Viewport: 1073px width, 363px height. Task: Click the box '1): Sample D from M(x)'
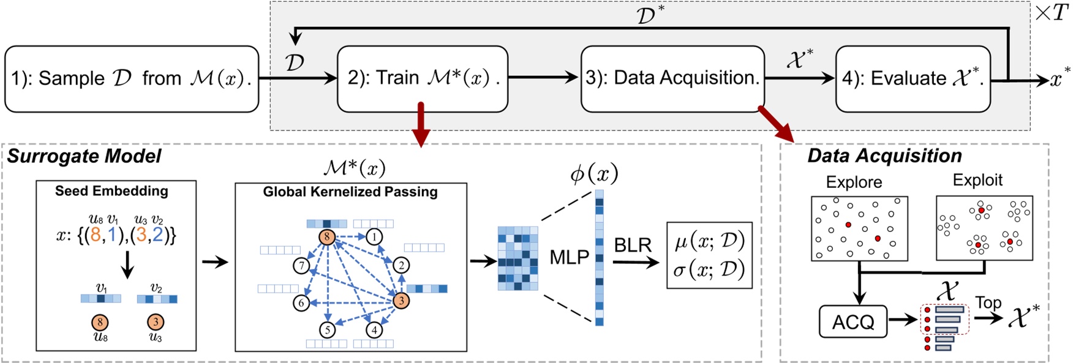tap(132, 79)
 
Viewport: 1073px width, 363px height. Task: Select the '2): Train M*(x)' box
tap(423, 79)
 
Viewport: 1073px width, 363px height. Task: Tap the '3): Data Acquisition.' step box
tap(672, 79)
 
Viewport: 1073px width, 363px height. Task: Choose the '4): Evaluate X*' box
tap(913, 79)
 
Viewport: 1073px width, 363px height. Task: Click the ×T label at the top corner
tap(1052, 12)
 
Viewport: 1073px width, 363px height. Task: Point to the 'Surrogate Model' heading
tap(84, 157)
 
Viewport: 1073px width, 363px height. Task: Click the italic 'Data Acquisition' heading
tap(884, 156)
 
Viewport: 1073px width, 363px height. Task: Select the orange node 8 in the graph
tap(327, 237)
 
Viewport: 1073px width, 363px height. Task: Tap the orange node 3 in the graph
tap(401, 301)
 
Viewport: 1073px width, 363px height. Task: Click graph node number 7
tap(301, 266)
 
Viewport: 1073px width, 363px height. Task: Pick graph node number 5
tap(328, 330)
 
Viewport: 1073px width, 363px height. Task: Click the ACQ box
tap(853, 322)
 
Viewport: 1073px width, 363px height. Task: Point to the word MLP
tap(569, 258)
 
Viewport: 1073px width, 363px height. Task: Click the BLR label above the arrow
tap(632, 245)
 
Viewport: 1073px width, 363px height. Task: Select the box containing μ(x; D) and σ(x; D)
tap(709, 255)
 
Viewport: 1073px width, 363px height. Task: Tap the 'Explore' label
tap(854, 182)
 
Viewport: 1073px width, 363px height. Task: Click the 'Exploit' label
tap(977, 181)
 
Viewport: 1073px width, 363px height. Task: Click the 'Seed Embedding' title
tap(111, 191)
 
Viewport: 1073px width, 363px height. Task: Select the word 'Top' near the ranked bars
tap(988, 302)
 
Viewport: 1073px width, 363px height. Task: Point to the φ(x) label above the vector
tap(593, 175)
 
